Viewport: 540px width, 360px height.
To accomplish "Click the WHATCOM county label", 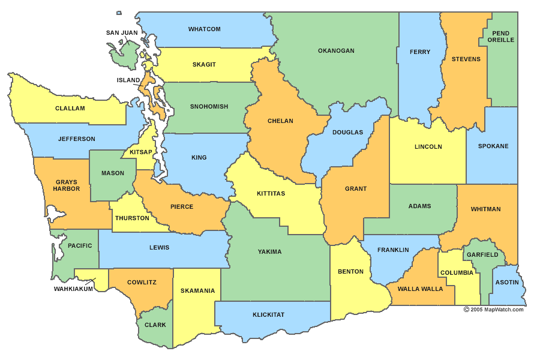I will (x=204, y=29).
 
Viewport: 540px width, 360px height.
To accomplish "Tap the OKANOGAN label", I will (x=336, y=51).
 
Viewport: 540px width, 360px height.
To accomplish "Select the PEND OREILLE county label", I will (x=500, y=37).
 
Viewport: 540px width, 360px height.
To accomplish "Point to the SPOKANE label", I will (x=493, y=146).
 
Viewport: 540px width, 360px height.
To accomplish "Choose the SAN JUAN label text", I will (x=122, y=33).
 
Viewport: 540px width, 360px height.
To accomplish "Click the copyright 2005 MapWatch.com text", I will (x=494, y=310).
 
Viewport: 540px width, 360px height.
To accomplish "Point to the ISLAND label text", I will (x=128, y=80).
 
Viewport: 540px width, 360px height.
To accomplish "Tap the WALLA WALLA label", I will (x=420, y=289).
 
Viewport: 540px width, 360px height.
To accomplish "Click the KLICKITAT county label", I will (x=268, y=314).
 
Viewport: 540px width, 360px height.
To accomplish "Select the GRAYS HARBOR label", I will (x=66, y=185).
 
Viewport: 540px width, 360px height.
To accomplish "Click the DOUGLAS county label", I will (x=348, y=132).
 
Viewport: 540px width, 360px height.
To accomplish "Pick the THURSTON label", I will (x=132, y=218).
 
